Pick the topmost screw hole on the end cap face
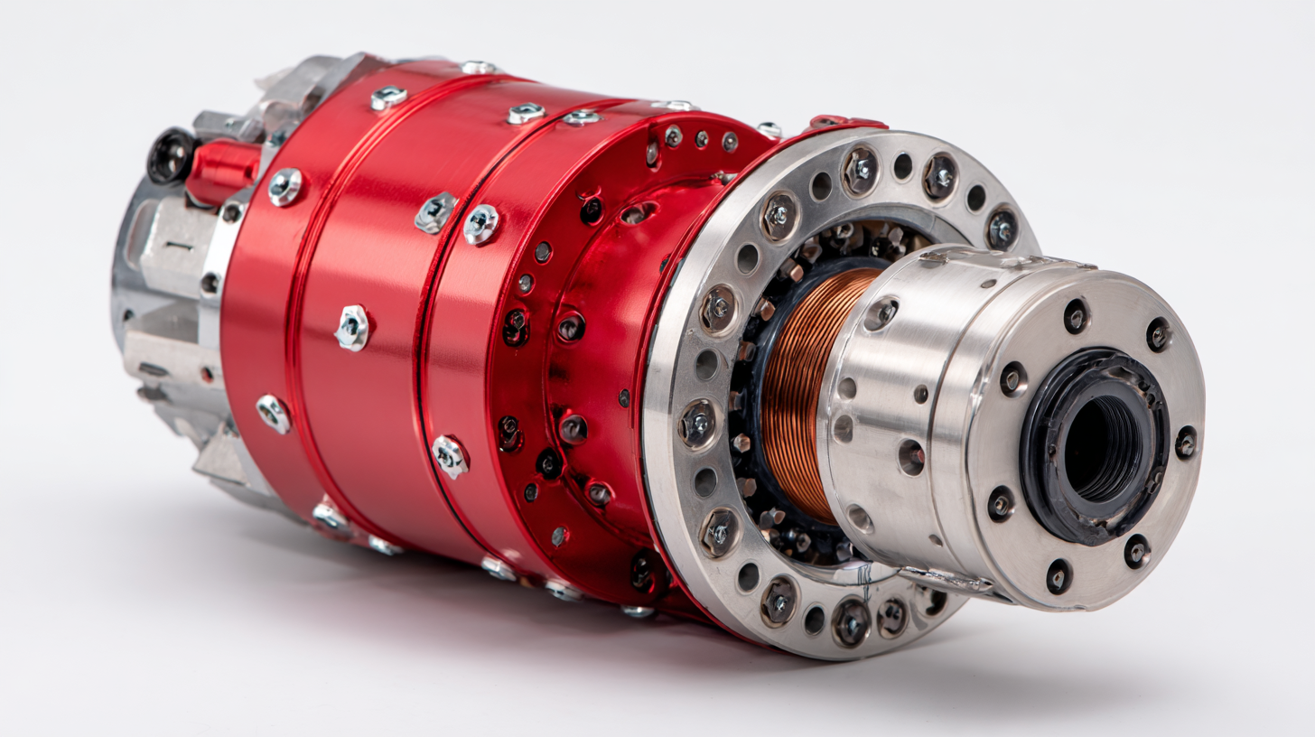point(1076,315)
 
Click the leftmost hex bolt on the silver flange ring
point(697,423)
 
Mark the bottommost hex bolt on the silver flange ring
point(850,621)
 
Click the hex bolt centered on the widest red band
point(352,327)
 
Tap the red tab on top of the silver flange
point(844,122)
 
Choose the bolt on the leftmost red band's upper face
point(388,98)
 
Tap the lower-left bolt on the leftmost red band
point(273,413)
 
